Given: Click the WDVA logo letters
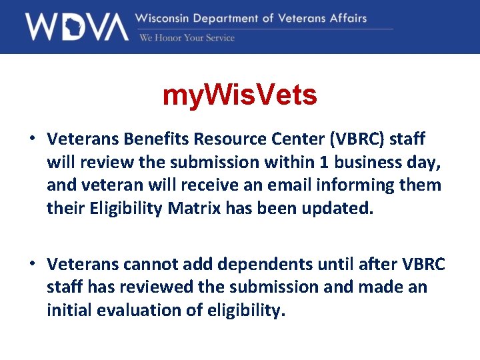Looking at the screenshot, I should tap(76, 27).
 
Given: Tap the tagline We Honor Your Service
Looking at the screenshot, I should tap(187, 38).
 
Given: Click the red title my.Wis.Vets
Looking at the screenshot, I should tap(240, 96).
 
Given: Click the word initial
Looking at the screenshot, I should tap(69, 310).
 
